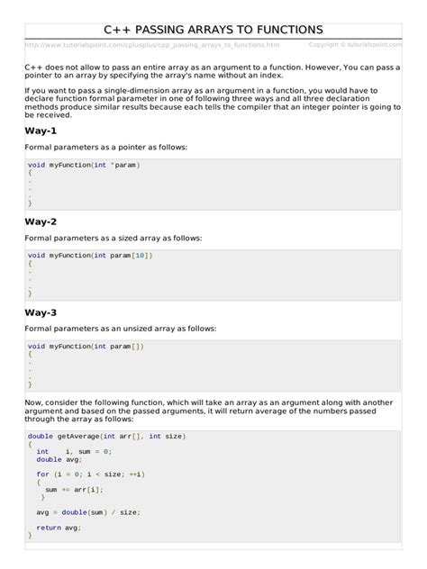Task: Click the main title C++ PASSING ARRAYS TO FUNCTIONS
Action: point(213,31)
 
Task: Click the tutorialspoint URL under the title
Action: point(152,44)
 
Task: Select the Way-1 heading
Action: point(41,131)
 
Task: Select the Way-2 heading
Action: point(41,221)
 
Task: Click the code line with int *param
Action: point(84,165)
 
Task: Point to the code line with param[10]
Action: point(90,256)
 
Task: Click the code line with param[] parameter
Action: point(86,347)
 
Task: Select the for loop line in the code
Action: point(90,474)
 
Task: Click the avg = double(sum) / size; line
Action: point(88,512)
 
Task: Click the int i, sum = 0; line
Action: point(74,451)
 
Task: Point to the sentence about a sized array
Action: point(114,238)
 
